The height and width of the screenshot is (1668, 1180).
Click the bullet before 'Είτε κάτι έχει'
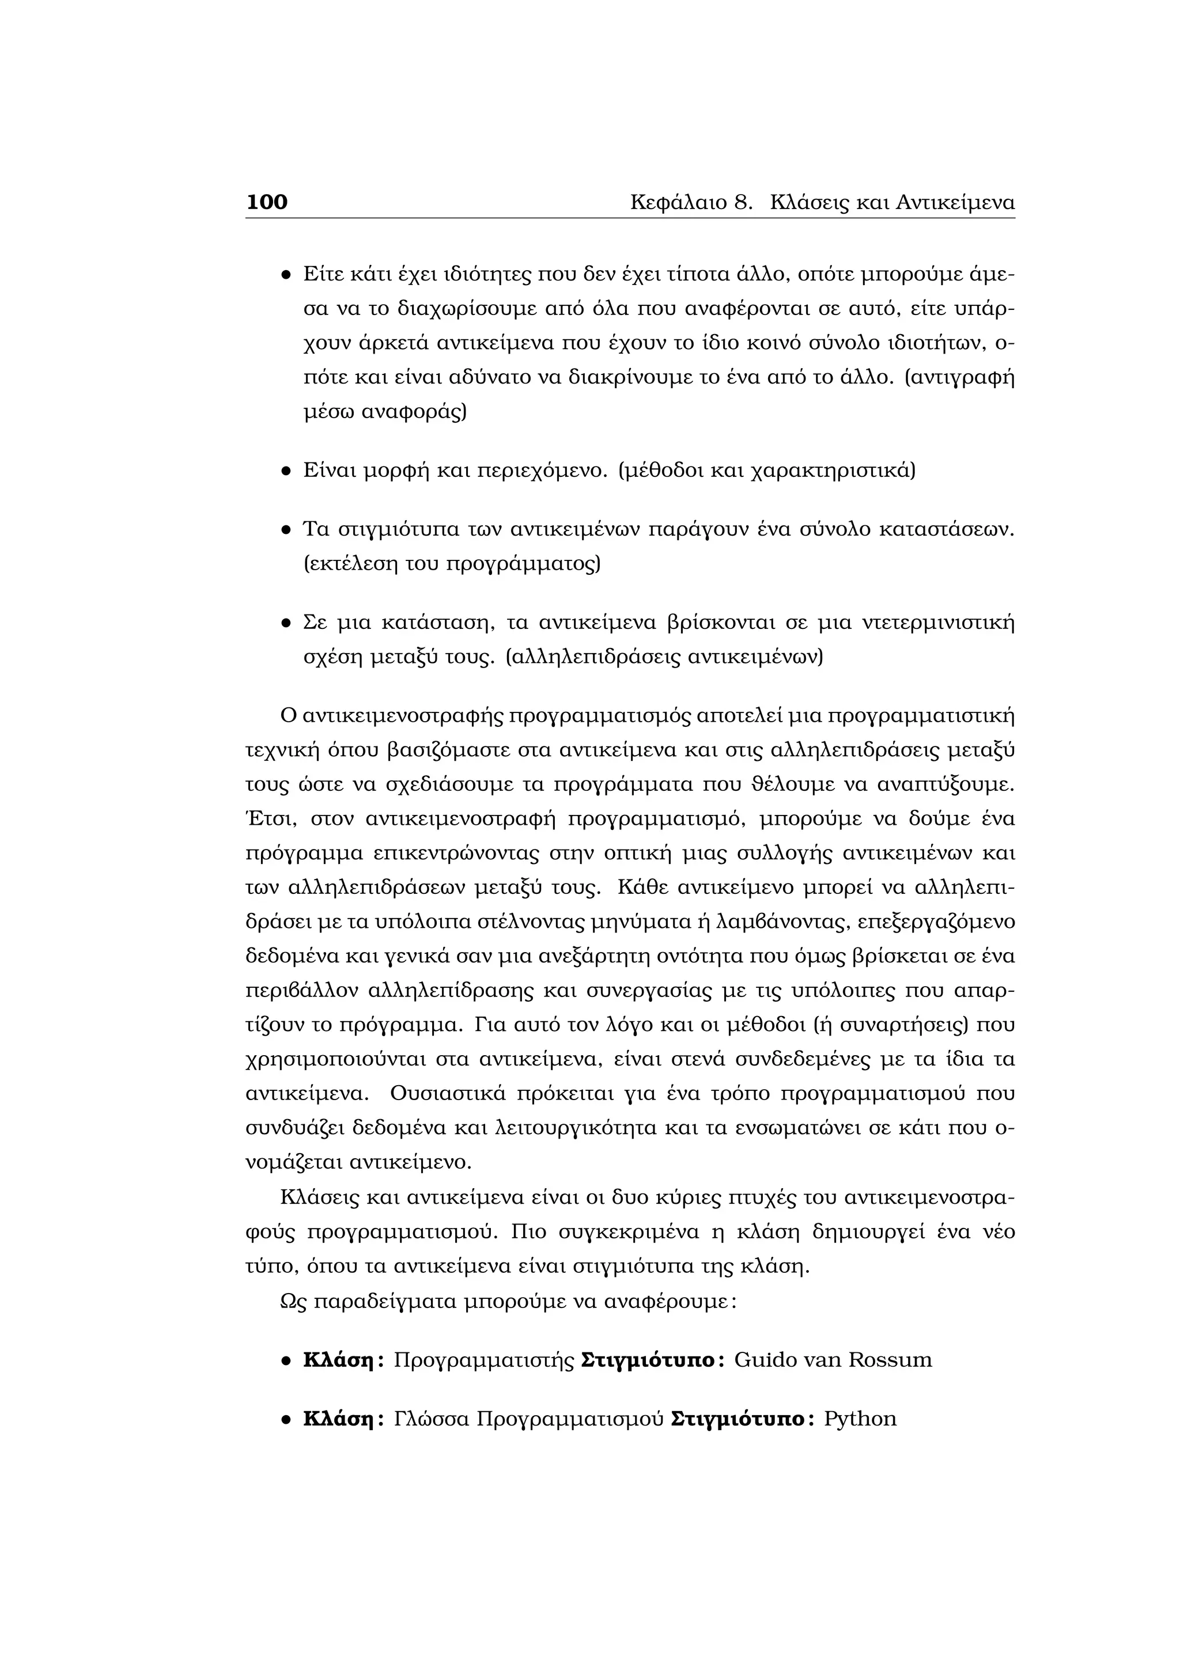pyautogui.click(x=286, y=275)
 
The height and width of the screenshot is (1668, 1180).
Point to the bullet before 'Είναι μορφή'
pyautogui.click(x=286, y=472)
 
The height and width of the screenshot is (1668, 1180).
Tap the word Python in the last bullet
pyautogui.click(x=860, y=1419)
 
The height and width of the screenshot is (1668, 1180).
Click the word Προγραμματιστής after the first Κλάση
pyautogui.click(x=483, y=1359)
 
